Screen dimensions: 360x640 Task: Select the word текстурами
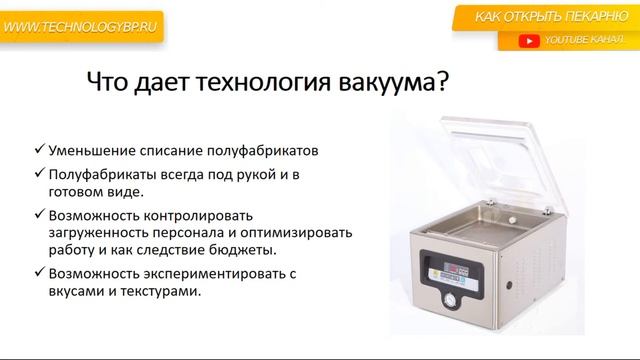click(156, 291)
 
